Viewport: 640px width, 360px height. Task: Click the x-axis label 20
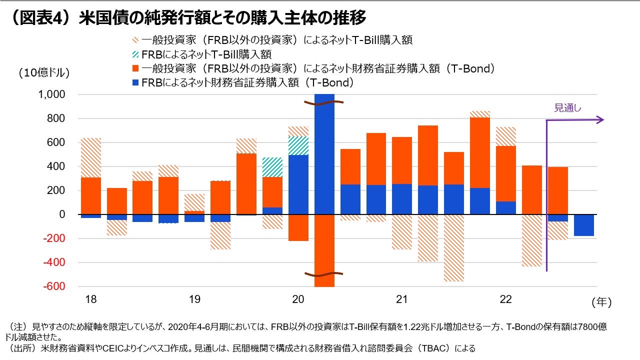[298, 299]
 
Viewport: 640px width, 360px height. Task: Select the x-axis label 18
[90, 299]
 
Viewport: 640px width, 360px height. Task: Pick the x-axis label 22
[505, 299]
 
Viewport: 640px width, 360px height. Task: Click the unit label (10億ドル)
[44, 72]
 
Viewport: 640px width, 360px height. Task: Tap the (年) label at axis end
[601, 302]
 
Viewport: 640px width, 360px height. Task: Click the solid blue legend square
[135, 82]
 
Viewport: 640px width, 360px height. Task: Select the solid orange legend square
[135, 68]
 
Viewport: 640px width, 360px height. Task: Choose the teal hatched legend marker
[135, 54]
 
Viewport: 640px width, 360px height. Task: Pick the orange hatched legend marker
[135, 40]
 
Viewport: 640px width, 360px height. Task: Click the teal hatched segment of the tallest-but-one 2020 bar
[298, 145]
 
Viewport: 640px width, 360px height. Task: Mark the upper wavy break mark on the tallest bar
[324, 102]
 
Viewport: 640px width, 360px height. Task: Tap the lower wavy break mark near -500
[324, 274]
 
